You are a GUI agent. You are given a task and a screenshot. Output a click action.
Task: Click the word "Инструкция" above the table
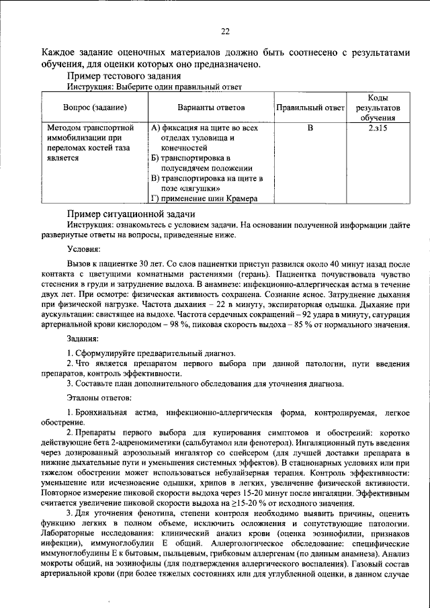87,87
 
